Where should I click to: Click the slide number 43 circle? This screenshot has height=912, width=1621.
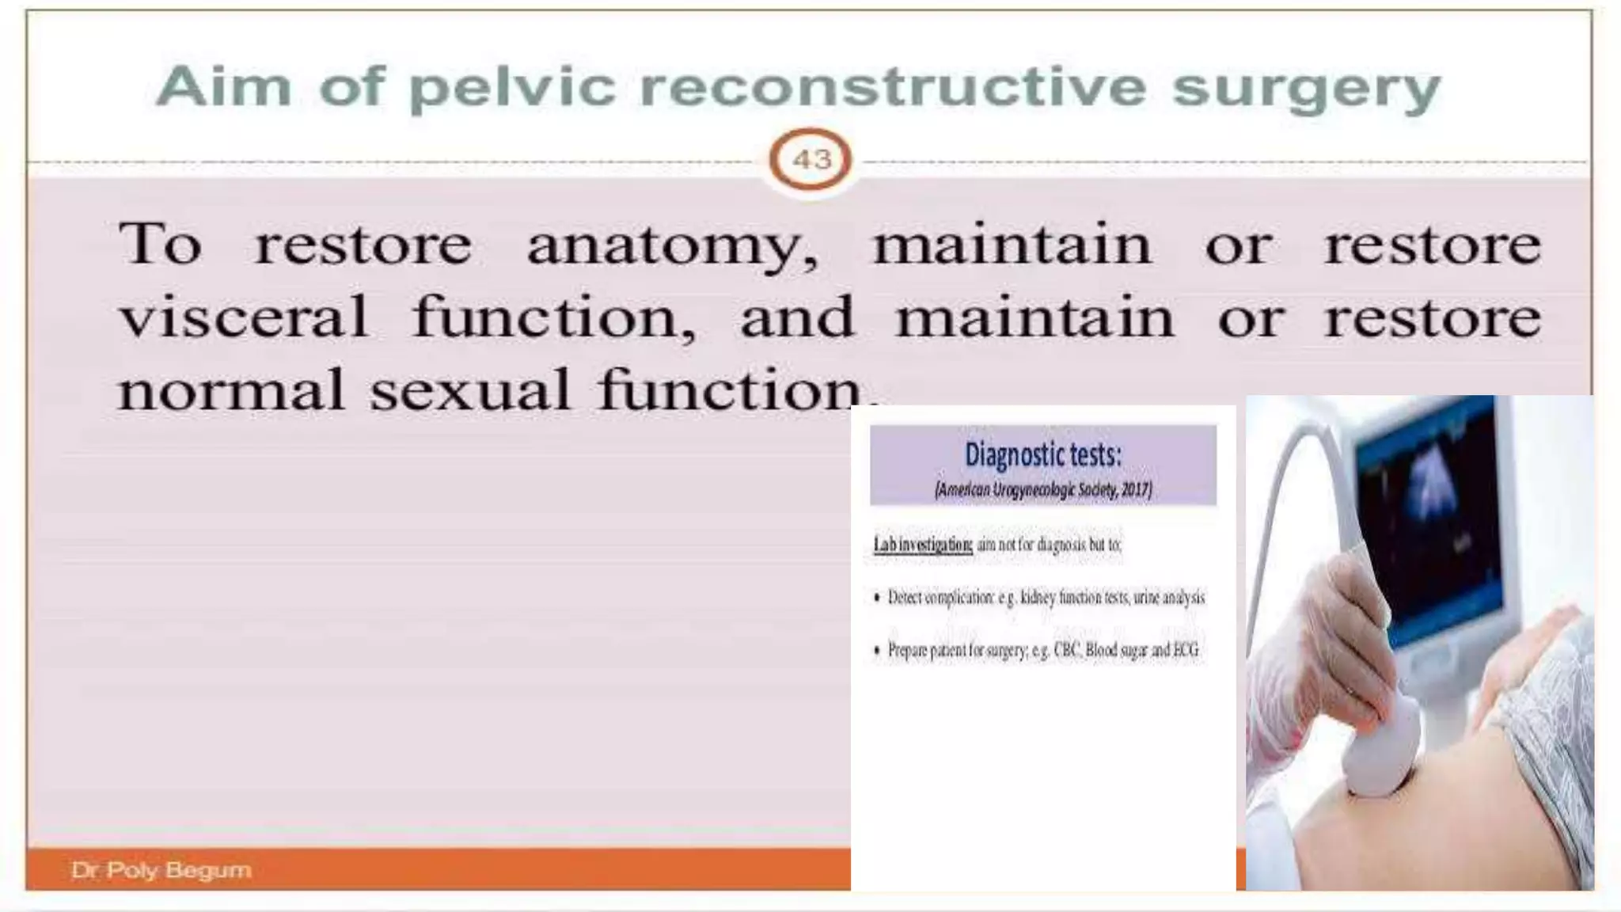810,160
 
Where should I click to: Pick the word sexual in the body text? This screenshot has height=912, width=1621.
470,390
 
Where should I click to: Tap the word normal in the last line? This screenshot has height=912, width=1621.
231,390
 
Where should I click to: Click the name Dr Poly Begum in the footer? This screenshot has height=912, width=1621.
161,870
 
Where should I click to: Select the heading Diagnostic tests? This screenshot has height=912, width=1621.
1042,455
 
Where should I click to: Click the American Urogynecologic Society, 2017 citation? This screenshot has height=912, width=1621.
1042,490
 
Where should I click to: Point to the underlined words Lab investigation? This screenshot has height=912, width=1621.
923,545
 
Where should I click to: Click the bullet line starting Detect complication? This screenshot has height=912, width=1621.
1045,598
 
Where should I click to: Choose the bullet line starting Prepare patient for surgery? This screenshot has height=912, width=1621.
1042,651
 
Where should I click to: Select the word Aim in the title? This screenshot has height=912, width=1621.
224,86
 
